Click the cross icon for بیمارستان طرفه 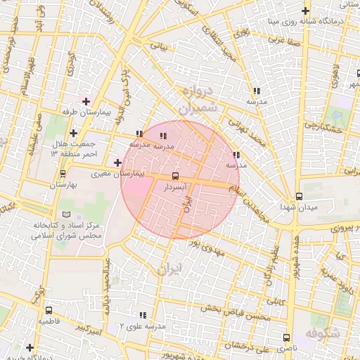pyautogui.click(x=86, y=101)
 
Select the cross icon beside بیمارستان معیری pyautogui.click(x=117, y=163)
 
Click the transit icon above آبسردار pyautogui.click(x=174, y=176)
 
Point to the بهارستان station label pyautogui.click(x=63, y=184)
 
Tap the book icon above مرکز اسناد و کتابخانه pyautogui.click(x=67, y=214)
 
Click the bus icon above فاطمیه pyautogui.click(x=49, y=310)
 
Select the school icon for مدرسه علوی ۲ pyautogui.click(x=143, y=316)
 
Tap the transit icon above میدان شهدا pyautogui.click(x=299, y=196)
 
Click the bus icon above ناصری pyautogui.click(x=286, y=337)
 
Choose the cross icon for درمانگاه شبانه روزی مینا pyautogui.click(x=304, y=11)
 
